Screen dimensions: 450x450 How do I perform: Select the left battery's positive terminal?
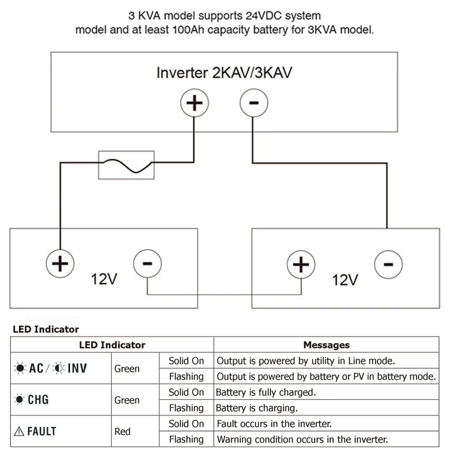click(x=59, y=264)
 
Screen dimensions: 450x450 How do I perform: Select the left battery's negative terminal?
click(x=147, y=264)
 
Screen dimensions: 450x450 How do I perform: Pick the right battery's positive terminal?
click(x=300, y=264)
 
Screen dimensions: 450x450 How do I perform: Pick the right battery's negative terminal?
click(x=387, y=264)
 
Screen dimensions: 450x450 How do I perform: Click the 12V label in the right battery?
click(x=345, y=280)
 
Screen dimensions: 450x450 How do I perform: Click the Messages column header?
click(x=326, y=345)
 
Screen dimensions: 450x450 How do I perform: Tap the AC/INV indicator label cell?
click(x=51, y=369)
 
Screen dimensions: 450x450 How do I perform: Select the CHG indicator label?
click(x=32, y=400)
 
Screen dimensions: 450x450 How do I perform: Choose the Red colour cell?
click(x=122, y=431)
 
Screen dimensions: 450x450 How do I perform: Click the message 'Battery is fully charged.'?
click(x=266, y=392)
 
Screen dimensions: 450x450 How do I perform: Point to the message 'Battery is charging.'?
click(x=257, y=408)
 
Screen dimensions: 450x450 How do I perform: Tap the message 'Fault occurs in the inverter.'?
click(x=274, y=424)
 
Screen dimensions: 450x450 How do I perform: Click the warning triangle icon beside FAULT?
click(x=19, y=431)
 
